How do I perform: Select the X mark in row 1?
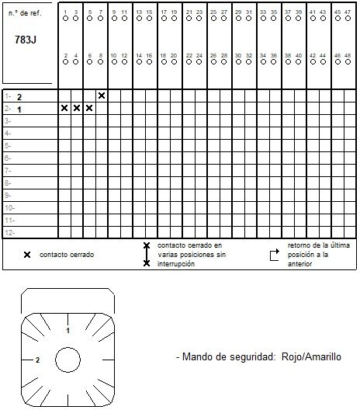102,96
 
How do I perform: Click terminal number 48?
348,55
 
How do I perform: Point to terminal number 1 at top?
65,12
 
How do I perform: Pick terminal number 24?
199,55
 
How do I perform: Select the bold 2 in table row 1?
19,97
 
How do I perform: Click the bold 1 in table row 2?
19,109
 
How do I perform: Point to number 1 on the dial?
68,330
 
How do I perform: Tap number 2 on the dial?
37,360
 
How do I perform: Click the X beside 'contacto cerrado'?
27,255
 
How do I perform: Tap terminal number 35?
274,12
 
